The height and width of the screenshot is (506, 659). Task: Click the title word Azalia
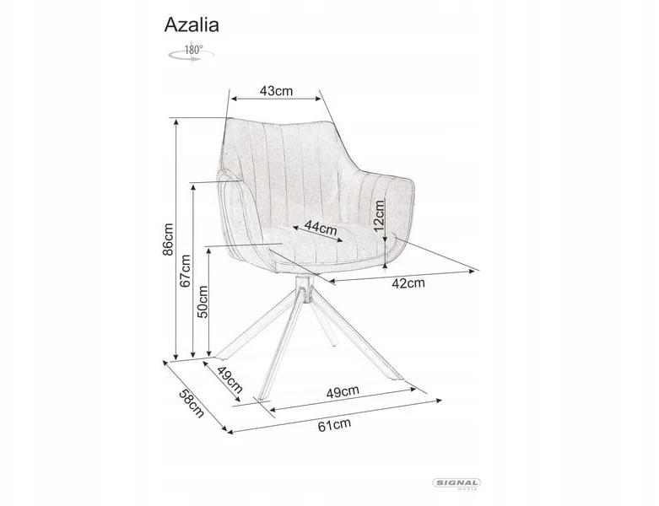pyautogui.click(x=192, y=24)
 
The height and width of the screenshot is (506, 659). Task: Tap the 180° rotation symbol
pyautogui.click(x=192, y=53)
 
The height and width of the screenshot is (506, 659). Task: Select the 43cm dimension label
pyautogui.click(x=276, y=91)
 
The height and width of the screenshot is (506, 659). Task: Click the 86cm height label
pyautogui.click(x=167, y=239)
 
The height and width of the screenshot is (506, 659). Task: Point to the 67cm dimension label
pyautogui.click(x=185, y=271)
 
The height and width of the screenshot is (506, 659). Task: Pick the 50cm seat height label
pyautogui.click(x=203, y=302)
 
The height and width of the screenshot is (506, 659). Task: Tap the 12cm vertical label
pyautogui.click(x=379, y=215)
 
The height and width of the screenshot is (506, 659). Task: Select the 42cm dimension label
pyautogui.click(x=408, y=283)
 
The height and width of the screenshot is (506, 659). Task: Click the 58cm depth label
pyautogui.click(x=192, y=403)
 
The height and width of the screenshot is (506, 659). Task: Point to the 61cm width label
pyautogui.click(x=334, y=425)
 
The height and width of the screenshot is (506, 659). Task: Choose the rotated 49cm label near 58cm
pyautogui.click(x=230, y=379)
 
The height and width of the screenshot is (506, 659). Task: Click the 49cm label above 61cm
pyautogui.click(x=343, y=392)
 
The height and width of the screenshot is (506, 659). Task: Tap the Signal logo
pyautogui.click(x=456, y=483)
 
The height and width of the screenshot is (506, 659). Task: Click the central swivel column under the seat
pyautogui.click(x=304, y=289)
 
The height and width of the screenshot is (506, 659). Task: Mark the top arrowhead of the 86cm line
pyautogui.click(x=176, y=121)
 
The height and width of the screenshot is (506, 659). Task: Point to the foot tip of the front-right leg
pyautogui.click(x=400, y=379)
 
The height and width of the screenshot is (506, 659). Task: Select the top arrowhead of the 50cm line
pyautogui.click(x=209, y=250)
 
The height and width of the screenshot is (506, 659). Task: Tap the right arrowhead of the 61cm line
pyautogui.click(x=439, y=401)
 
